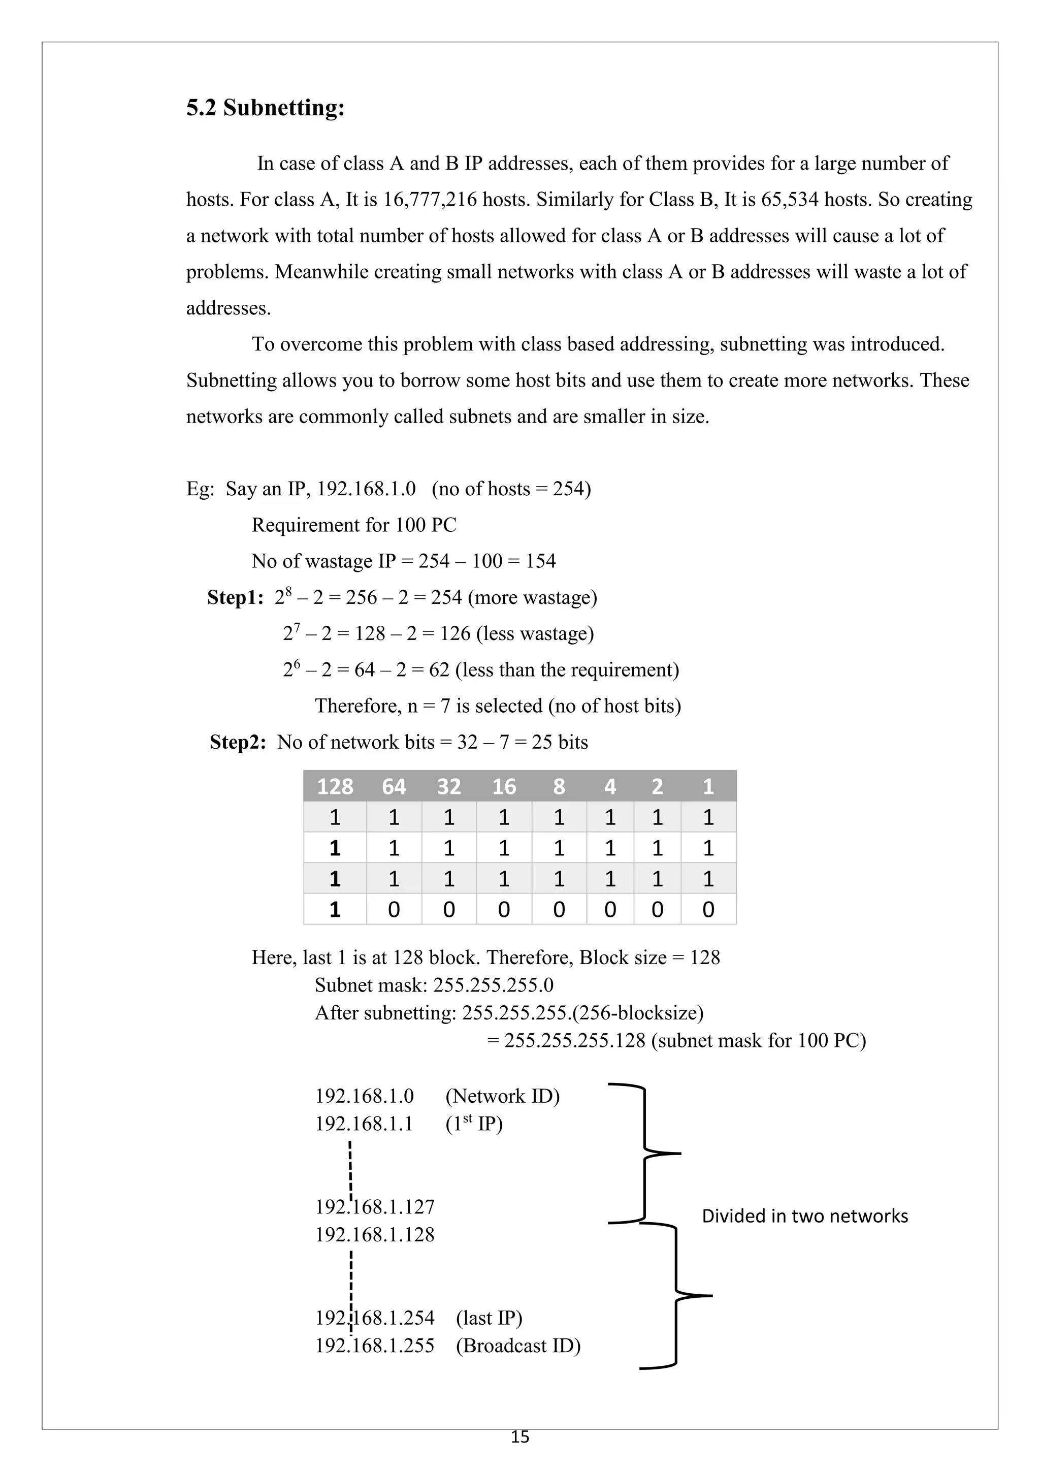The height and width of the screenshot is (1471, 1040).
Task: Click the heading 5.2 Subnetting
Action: [265, 108]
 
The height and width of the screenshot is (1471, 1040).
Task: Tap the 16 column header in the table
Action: [503, 786]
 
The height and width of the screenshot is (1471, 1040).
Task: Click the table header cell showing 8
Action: [559, 786]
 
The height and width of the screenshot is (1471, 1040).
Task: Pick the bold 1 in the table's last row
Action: [334, 909]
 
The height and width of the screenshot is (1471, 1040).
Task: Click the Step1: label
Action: [235, 598]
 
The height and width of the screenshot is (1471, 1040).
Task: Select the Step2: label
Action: [238, 743]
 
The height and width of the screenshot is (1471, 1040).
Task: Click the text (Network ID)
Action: [502, 1096]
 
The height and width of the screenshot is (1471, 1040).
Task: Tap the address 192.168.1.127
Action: [375, 1207]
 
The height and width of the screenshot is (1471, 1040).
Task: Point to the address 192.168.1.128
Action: [375, 1235]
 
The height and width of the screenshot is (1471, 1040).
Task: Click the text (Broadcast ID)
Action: [517, 1346]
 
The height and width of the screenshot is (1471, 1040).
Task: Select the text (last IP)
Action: [489, 1318]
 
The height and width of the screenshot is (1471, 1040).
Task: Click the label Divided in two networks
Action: [804, 1216]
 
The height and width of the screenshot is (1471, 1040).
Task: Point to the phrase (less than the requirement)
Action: [567, 670]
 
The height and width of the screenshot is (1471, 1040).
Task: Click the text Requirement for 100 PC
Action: [353, 525]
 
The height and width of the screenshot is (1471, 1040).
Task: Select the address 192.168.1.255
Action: [375, 1346]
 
